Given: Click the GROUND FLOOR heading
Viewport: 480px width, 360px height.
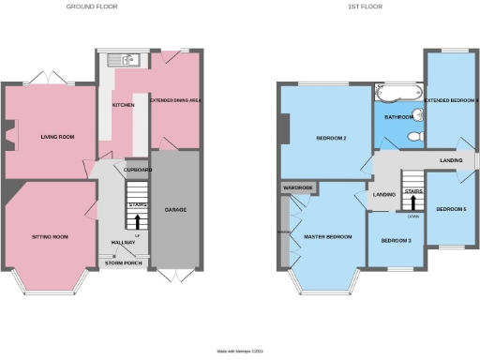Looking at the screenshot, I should point(91,7).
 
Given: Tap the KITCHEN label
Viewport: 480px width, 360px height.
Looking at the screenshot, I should point(123,105).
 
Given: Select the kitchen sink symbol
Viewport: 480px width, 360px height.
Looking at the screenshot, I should point(123,62).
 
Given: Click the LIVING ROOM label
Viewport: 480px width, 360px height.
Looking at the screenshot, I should point(57,137).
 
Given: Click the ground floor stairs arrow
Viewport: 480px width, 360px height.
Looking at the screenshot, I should point(138,222).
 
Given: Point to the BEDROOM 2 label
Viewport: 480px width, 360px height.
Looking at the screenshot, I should point(331,139).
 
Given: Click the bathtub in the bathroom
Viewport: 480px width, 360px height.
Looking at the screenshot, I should point(398,94).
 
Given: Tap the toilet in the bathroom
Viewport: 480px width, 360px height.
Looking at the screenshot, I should point(418,138).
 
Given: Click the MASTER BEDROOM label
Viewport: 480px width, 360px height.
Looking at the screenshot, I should point(328,236).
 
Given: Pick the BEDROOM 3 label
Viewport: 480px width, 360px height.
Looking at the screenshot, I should point(395,241).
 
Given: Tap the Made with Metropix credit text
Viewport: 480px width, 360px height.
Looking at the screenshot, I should point(240,352).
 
